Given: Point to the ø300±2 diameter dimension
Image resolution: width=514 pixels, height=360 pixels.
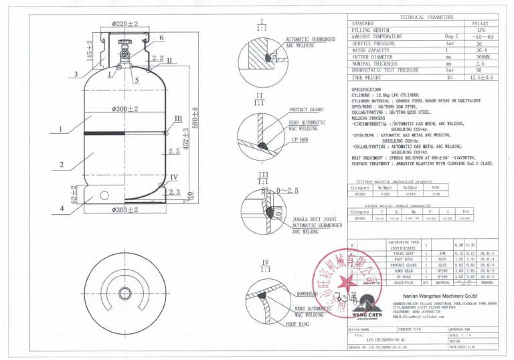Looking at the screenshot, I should pos(125,108).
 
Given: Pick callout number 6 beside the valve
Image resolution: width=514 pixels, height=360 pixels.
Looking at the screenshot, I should pos(161,37).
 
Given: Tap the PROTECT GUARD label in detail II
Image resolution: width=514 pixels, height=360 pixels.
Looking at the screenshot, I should pos(307,109).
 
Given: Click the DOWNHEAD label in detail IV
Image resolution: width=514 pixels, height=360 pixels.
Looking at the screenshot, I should pos(306,293).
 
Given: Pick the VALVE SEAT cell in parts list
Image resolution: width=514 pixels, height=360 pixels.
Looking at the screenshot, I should pos(403,253).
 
